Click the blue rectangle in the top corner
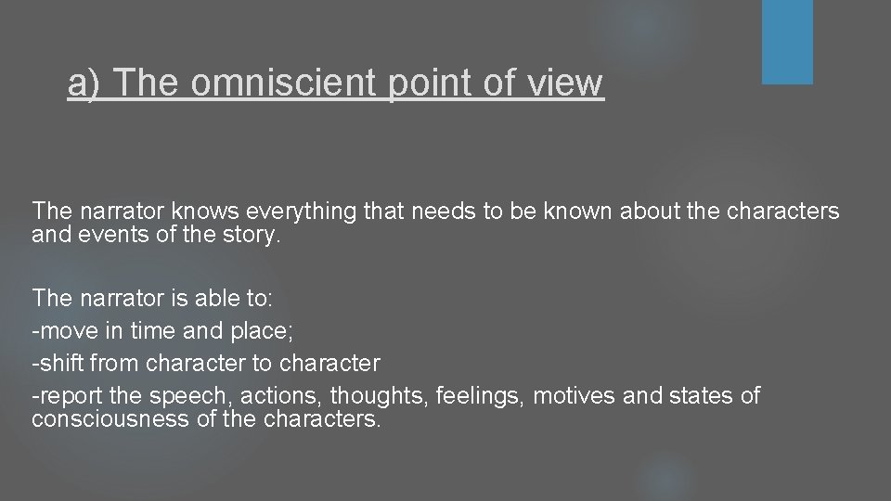click(x=787, y=42)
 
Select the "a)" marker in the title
click(x=86, y=83)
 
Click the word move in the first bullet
click(x=66, y=329)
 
